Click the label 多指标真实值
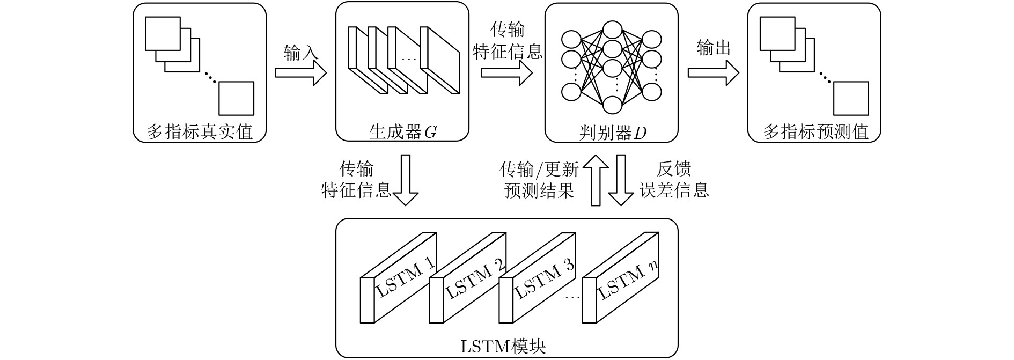pos(200,131)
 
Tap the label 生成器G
pos(402,131)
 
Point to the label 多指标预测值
pos(815,131)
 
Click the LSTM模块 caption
pos(503,346)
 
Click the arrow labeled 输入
pos(301,73)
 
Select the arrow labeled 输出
pos(713,72)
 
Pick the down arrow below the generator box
pos(406,180)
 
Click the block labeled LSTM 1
pos(400,279)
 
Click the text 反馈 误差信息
pos(674,180)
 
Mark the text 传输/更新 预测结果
pos(539,180)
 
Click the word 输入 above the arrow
pos(301,53)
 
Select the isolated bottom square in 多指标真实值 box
pos(236,99)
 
